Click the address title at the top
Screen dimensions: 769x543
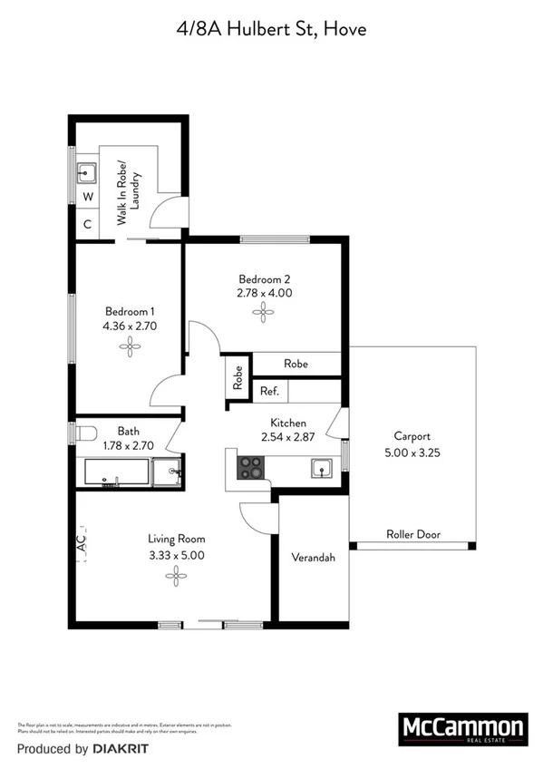pyautogui.click(x=271, y=31)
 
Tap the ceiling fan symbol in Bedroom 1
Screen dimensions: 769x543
pyautogui.click(x=131, y=346)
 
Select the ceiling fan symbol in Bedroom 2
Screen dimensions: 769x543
pyautogui.click(x=265, y=313)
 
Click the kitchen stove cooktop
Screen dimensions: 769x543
pyautogui.click(x=250, y=468)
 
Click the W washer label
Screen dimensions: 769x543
pyautogui.click(x=88, y=197)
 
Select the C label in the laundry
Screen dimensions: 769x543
pyautogui.click(x=88, y=224)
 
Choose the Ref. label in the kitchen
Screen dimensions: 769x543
pyautogui.click(x=269, y=392)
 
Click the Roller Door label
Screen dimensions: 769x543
pyautogui.click(x=413, y=534)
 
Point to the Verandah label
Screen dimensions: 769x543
pyautogui.click(x=313, y=558)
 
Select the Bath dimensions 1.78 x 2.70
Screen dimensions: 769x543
pyautogui.click(x=128, y=445)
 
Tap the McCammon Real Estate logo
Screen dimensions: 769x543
pyautogui.click(x=462, y=730)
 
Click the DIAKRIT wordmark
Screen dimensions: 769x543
pyautogui.click(x=119, y=749)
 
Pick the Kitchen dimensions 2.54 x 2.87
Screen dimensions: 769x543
pyautogui.click(x=288, y=438)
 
